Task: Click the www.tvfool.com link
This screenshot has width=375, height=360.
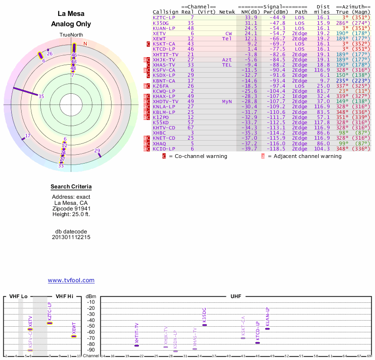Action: (71, 280)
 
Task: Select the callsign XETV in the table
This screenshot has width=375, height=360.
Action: (159, 34)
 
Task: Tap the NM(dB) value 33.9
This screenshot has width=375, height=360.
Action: (251, 17)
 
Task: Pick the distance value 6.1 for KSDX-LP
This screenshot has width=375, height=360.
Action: (325, 75)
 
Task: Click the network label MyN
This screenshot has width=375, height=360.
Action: (227, 101)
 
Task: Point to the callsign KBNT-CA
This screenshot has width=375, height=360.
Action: (164, 81)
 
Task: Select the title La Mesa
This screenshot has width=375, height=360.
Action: (71, 14)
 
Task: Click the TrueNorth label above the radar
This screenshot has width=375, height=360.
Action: (71, 35)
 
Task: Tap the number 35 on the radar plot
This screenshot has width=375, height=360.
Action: (41, 97)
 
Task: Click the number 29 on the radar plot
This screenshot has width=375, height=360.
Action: (97, 150)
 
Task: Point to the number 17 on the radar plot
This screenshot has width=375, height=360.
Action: (28, 136)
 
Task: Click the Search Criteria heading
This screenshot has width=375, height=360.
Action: (71, 187)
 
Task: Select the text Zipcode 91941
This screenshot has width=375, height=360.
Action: (71, 209)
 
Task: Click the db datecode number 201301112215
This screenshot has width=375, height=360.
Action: (71, 237)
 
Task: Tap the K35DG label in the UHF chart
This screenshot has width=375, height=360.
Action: (204, 315)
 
